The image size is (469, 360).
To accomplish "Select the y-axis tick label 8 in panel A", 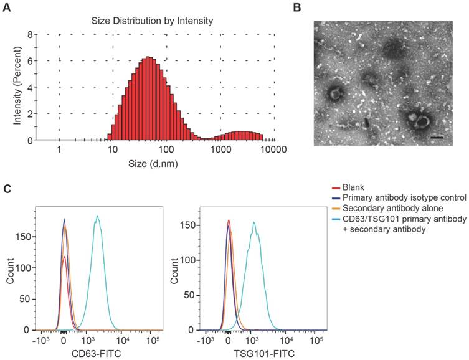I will tap(28, 35).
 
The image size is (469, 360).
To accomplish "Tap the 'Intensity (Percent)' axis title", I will tap(17, 87).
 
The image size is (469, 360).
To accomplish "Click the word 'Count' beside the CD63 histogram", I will tap(10, 273).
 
